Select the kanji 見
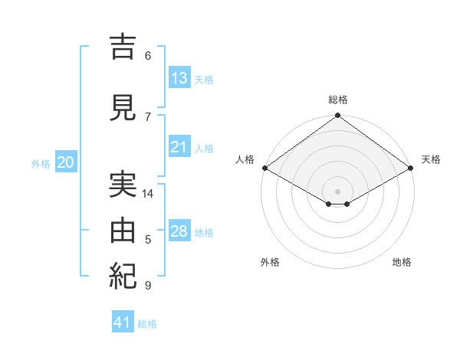click(x=123, y=107)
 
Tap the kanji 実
click(x=123, y=185)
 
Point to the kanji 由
click(x=123, y=231)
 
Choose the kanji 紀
click(x=123, y=277)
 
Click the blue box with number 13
click(x=179, y=77)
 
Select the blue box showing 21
click(x=179, y=146)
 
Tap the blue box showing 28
click(x=179, y=230)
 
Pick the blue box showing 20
click(x=66, y=162)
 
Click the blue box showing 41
click(x=123, y=321)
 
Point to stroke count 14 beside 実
click(x=147, y=194)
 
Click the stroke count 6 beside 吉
click(x=148, y=56)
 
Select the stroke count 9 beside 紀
click(x=148, y=285)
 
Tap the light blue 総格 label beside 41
click(x=147, y=324)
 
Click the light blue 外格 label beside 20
click(x=41, y=164)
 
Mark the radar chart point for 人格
click(x=265, y=168)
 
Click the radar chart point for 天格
click(x=411, y=168)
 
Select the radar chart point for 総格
click(x=337, y=115)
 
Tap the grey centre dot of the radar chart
click(x=337, y=191)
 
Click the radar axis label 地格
click(x=402, y=262)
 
